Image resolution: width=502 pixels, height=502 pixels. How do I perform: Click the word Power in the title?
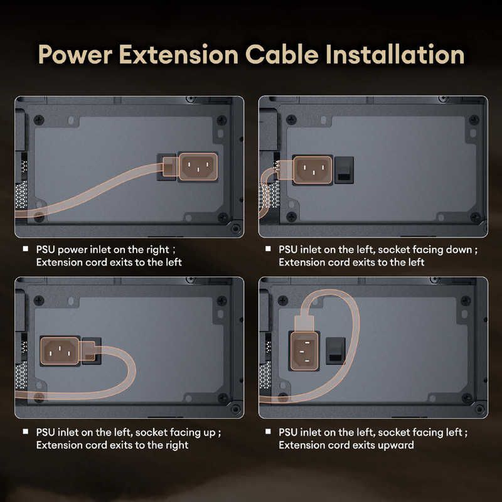coord(75,55)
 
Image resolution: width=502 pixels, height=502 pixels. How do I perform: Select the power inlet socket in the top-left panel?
coord(198,166)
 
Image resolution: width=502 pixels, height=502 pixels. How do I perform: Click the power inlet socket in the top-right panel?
coord(312,170)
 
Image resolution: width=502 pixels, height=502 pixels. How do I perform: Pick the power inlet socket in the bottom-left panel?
coord(60,351)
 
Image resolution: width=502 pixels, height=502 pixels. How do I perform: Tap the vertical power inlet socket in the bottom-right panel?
coord(304,351)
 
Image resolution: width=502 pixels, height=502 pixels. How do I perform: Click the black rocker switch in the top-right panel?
coord(344,170)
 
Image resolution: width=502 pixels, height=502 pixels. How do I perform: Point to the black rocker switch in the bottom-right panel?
coord(336,351)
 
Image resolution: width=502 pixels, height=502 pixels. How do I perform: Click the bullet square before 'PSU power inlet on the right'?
coord(26,248)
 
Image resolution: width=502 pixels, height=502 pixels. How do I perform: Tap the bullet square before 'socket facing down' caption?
coord(269,248)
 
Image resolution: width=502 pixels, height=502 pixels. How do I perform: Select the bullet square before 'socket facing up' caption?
coord(26,432)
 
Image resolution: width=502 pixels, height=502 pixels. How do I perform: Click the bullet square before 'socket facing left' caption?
coord(269,432)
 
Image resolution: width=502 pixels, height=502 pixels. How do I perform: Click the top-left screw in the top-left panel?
coord(39,120)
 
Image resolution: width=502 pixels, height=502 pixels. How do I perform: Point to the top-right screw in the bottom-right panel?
coord(466,301)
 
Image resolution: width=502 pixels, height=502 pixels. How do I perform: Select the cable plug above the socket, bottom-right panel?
coord(304,323)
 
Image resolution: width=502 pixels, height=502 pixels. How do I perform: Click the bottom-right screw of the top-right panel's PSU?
coord(476,217)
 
